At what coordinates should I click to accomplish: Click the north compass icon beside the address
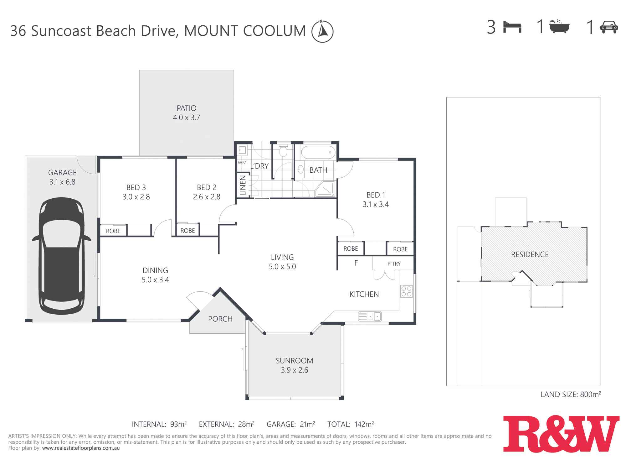point(322,31)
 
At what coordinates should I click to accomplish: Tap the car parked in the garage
point(62,256)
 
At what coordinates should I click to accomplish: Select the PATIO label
point(187,108)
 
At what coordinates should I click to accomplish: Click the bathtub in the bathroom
point(318,153)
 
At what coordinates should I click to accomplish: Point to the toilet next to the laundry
point(283,151)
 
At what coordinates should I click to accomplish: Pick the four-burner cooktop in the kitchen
point(406,291)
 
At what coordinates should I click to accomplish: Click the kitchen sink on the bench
point(370,316)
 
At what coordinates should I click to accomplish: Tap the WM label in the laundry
point(242,163)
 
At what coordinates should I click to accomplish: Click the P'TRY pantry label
point(394,264)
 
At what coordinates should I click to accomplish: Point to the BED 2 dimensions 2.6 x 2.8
point(207,197)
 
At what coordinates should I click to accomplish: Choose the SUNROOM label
point(294,361)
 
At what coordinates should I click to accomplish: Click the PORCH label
point(220,319)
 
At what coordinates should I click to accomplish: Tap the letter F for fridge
point(356,263)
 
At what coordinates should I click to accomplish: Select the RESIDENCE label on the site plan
point(530,254)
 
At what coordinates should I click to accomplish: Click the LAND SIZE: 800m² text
point(570,394)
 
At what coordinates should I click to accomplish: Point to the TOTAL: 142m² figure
point(350,424)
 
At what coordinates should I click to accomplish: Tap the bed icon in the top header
point(512,27)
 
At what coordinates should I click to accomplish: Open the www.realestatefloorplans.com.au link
point(81,448)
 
